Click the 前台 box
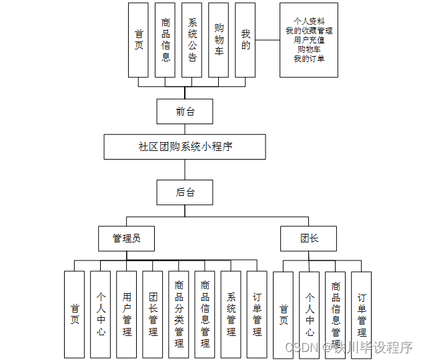[185, 112]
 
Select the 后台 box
[185, 192]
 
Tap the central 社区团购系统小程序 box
[185, 147]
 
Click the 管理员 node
[126, 238]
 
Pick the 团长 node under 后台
[308, 238]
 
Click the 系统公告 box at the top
[192, 39]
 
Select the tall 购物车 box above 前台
[219, 39]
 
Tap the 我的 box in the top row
[246, 39]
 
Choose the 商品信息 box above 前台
[165, 39]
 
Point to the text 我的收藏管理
[309, 31]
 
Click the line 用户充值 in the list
[309, 40]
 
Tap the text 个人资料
[309, 21]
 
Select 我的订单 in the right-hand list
[309, 59]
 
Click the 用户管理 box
[127, 314]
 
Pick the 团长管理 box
[153, 314]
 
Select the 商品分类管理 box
[179, 314]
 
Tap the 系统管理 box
[231, 314]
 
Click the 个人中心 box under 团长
[310, 314]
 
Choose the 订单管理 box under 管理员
[257, 314]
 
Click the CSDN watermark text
[300, 347]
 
